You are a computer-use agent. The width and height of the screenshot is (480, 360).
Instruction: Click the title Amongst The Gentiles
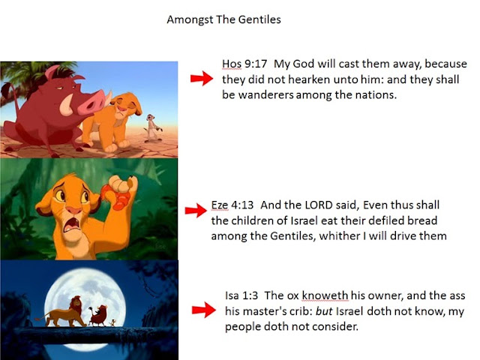pos(223,19)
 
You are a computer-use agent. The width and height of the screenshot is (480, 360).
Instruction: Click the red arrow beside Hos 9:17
pos(202,78)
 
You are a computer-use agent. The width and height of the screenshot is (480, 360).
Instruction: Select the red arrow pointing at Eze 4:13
pos(196,210)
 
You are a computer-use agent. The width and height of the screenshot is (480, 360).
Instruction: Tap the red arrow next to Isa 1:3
pos(204,310)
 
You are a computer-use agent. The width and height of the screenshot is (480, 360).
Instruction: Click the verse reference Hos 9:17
pos(244,64)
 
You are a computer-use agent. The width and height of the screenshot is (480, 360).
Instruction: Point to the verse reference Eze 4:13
pos(232,205)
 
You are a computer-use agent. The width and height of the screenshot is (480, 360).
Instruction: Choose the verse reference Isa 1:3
pos(241,295)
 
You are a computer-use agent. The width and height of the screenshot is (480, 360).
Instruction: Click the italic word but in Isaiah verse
pos(324,311)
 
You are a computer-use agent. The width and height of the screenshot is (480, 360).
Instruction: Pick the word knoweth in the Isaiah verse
pos(325,295)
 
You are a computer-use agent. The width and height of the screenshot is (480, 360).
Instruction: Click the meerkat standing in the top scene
pos(152,128)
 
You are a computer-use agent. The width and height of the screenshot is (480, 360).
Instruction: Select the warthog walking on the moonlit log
pos(98,316)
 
